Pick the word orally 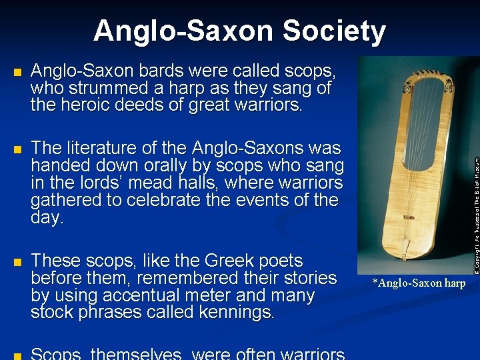coord(209,165)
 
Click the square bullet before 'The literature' coord(17,149)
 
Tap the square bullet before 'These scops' coord(17,261)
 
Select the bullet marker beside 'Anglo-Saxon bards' coord(17,71)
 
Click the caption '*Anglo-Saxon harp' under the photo coord(419,283)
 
